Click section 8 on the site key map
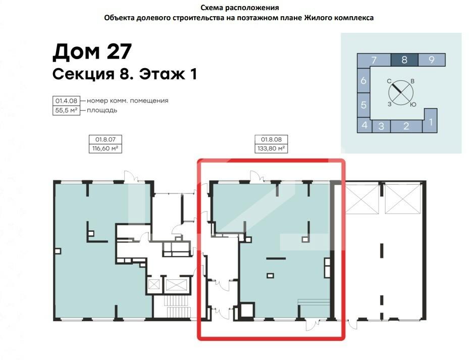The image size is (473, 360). click(x=404, y=60)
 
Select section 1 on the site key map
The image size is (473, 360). click(x=431, y=121)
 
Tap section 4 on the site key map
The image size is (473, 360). click(x=364, y=125)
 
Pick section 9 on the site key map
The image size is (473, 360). click(x=432, y=60)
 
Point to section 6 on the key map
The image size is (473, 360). click(x=363, y=80)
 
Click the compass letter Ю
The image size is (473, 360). click(x=413, y=105)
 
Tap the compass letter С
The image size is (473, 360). click(x=389, y=81)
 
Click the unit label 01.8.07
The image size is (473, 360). click(x=106, y=139)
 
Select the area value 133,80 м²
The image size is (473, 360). click(x=271, y=148)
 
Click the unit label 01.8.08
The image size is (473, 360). click(x=271, y=139)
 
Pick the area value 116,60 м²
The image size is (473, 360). click(x=106, y=148)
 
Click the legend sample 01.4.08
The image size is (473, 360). click(x=66, y=101)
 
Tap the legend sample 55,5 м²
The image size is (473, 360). click(x=66, y=111)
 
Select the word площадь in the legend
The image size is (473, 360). click(x=102, y=111)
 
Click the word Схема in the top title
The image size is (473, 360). click(x=211, y=8)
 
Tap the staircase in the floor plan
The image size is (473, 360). click(x=177, y=306)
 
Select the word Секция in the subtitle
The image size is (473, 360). click(x=83, y=74)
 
